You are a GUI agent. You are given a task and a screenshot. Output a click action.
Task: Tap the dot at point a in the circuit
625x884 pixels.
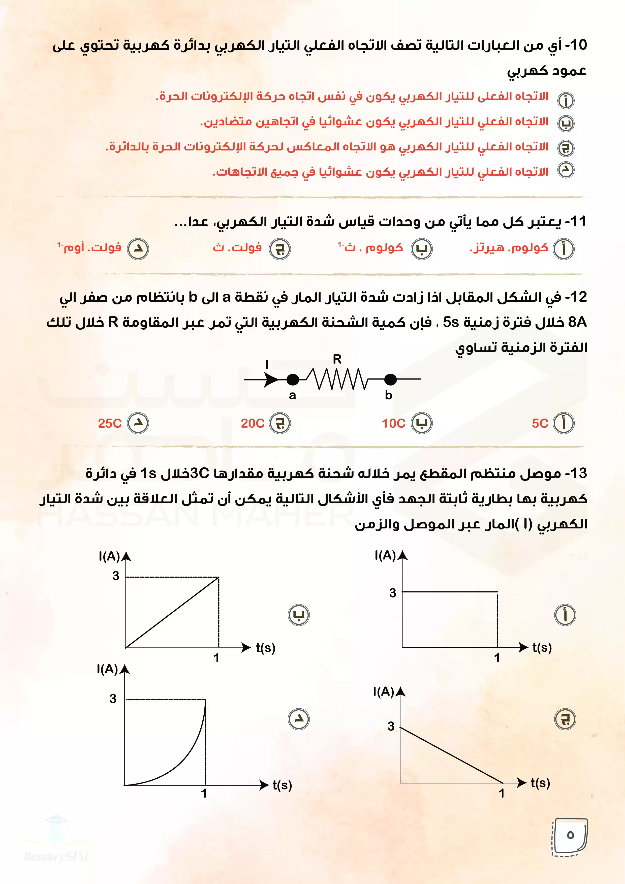coord(293,380)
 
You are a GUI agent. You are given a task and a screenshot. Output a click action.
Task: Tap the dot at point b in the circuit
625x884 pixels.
coord(390,380)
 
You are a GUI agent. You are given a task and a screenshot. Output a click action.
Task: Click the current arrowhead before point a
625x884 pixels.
coord(271,380)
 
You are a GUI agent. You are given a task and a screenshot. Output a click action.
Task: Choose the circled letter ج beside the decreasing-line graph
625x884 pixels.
coord(565,719)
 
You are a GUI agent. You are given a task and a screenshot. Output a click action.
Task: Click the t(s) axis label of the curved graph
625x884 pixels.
coord(282,785)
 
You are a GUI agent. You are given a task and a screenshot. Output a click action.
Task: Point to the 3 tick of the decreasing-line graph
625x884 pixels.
coord(391,726)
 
